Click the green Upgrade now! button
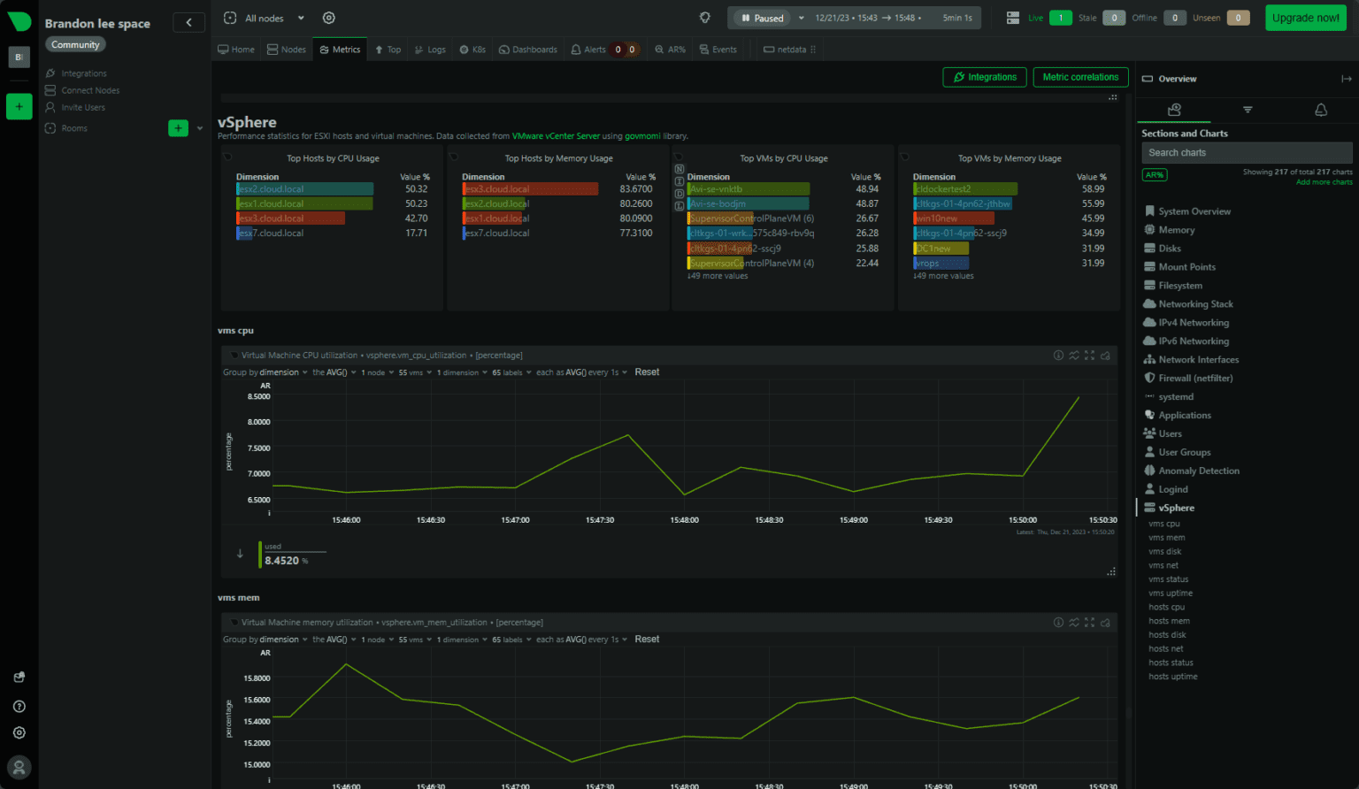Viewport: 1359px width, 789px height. (x=1305, y=18)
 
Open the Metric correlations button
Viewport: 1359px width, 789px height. (x=1080, y=78)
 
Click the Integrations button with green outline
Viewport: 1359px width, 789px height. (x=985, y=78)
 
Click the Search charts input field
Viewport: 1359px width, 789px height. (x=1246, y=153)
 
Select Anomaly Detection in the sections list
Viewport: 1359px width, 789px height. (x=1198, y=471)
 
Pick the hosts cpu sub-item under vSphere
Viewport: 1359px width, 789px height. (x=1166, y=608)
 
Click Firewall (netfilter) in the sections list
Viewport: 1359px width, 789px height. (x=1194, y=379)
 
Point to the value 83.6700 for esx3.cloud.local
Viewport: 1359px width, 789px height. (x=636, y=189)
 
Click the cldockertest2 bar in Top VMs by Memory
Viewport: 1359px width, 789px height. (x=964, y=189)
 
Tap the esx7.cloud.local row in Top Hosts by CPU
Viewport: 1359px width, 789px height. (x=271, y=234)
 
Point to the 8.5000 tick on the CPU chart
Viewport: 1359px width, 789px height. (x=258, y=397)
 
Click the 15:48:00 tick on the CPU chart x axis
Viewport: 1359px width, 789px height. (x=684, y=520)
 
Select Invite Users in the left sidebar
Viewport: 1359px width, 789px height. (x=82, y=108)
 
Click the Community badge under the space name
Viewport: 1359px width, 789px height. (x=75, y=45)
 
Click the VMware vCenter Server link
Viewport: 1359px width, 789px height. (x=556, y=136)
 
